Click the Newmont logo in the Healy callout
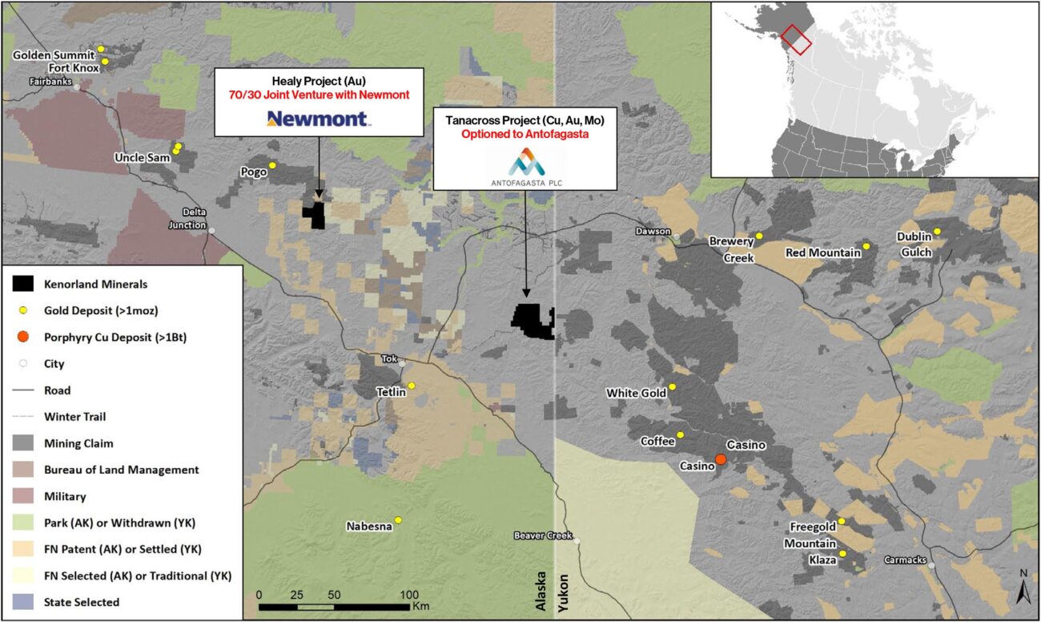(x=317, y=119)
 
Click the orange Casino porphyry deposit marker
(x=721, y=459)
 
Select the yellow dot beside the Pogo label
(x=272, y=165)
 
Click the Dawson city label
(x=652, y=231)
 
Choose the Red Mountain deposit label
(x=822, y=252)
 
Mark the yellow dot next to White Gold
(x=673, y=387)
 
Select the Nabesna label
(x=368, y=527)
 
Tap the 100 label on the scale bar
(x=408, y=595)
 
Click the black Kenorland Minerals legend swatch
(x=24, y=285)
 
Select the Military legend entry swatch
(x=24, y=497)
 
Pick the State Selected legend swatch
(x=24, y=602)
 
